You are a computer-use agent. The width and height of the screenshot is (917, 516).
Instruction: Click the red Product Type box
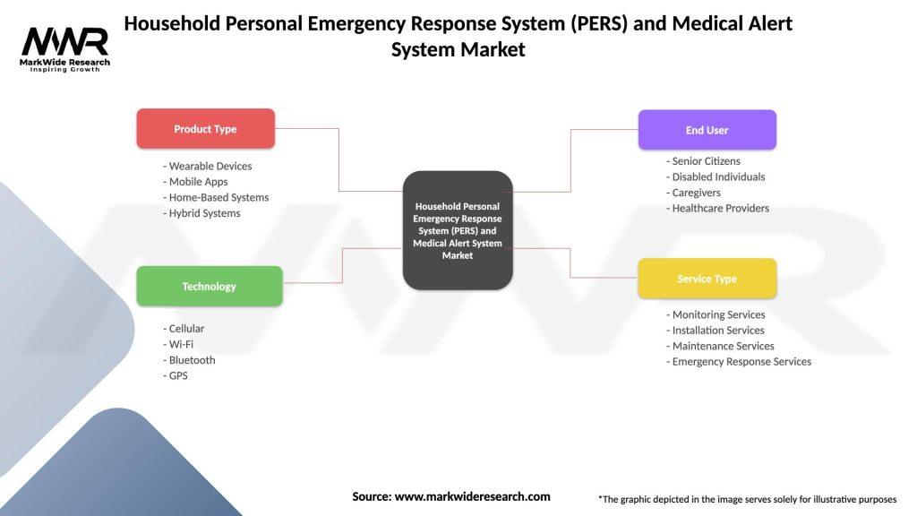[x=205, y=129]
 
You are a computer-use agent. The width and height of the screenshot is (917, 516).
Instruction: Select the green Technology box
[x=209, y=287]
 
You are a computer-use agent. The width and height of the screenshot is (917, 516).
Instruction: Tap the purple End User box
[x=707, y=130]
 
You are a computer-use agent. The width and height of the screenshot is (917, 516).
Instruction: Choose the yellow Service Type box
[x=707, y=279]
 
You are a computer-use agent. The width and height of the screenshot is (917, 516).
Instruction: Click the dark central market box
[x=458, y=230]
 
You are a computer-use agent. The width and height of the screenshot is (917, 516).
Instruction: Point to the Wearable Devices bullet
[x=208, y=166]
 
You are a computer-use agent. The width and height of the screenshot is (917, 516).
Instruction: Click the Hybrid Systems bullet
[x=201, y=213]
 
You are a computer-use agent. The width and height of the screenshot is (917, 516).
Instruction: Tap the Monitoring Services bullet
[x=716, y=314]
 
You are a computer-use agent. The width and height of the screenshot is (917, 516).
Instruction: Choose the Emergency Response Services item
[x=739, y=362]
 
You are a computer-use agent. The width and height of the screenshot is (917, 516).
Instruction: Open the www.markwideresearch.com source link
[x=472, y=496]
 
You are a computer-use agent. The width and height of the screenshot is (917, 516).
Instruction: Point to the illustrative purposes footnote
[x=747, y=499]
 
